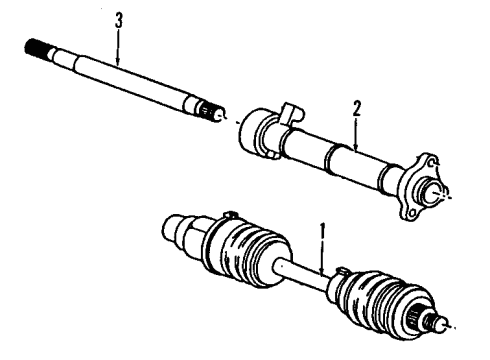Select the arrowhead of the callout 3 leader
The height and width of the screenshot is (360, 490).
click(119, 65)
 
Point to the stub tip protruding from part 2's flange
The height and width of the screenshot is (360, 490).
click(440, 196)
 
